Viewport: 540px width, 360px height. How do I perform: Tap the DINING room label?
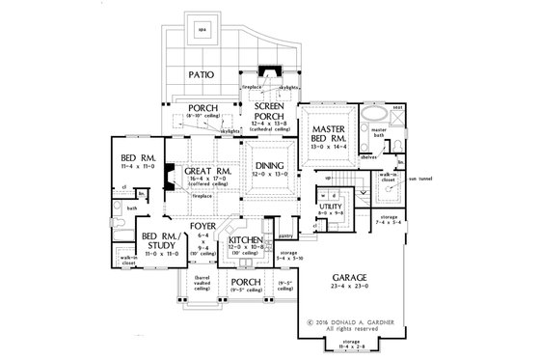pos(269,166)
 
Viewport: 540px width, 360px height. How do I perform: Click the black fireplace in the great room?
pos(169,180)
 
